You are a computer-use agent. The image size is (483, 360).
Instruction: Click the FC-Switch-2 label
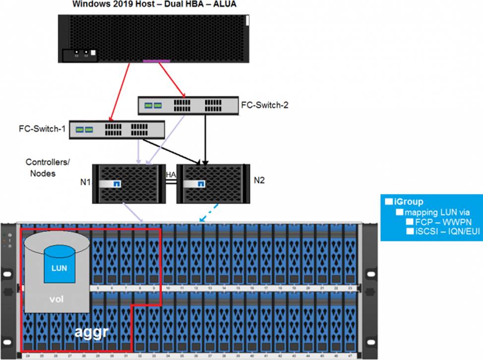coord(264,105)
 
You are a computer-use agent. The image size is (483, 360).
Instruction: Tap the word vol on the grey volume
coord(56,300)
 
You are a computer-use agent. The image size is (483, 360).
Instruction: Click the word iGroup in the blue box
coord(409,202)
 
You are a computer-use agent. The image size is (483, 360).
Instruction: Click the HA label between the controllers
coord(171,175)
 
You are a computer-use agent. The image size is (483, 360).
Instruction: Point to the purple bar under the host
coord(156,61)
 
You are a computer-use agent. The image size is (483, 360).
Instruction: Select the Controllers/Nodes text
coord(42,168)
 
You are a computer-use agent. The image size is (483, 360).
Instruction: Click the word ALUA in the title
coord(223,5)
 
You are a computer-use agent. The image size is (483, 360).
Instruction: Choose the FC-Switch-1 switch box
coord(117,129)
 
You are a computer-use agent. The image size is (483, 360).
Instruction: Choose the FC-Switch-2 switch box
coord(186,105)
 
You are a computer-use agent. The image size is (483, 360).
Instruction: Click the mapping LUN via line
coord(426,212)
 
